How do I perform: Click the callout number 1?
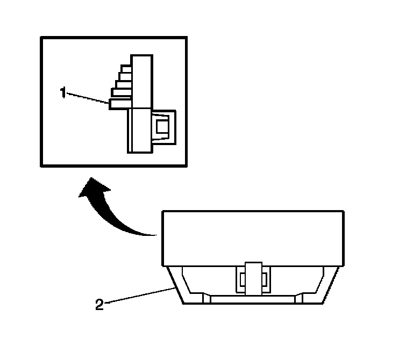click(x=63, y=92)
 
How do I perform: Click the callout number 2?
click(x=99, y=305)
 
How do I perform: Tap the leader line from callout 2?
click(x=138, y=296)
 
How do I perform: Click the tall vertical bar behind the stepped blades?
click(x=141, y=81)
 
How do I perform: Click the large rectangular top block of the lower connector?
click(x=253, y=238)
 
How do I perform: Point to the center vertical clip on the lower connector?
click(x=252, y=278)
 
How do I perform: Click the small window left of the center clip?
click(x=241, y=279)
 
